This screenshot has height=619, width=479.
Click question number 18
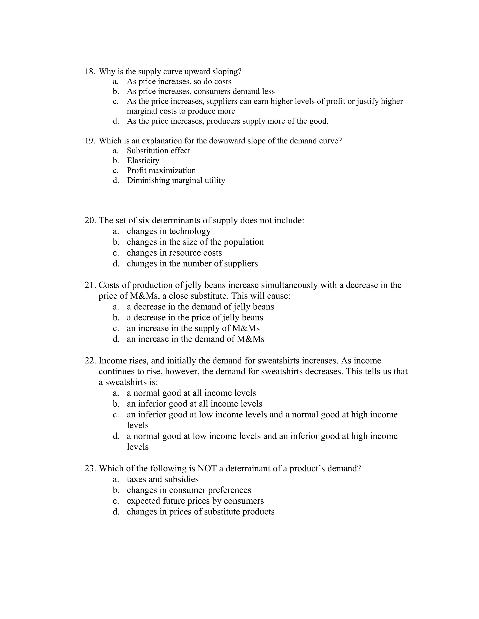90,72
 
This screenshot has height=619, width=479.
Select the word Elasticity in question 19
143,161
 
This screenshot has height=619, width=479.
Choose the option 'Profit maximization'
161,171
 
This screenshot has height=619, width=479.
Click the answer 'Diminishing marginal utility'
176,181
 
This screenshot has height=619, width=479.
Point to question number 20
91,221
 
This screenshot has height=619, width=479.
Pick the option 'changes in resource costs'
174,253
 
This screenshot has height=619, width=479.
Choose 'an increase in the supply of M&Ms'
193,328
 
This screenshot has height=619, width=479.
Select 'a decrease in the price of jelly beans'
195,318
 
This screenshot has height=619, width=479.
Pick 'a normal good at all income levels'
191,393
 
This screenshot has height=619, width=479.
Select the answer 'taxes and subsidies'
163,479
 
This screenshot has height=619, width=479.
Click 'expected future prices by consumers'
195,501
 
